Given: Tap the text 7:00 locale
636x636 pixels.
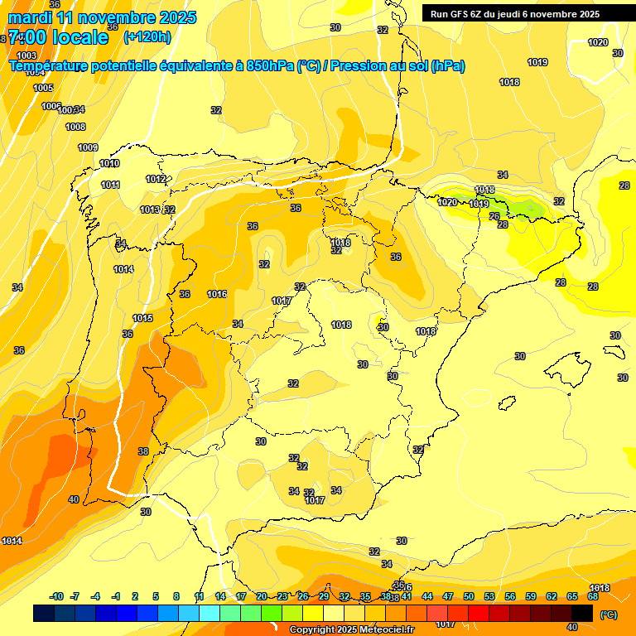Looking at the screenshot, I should (x=58, y=37).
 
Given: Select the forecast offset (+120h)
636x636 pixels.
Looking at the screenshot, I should (x=147, y=37).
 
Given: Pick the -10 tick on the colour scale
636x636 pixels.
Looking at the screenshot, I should (x=56, y=596).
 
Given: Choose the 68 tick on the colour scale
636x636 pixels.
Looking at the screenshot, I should (x=593, y=596).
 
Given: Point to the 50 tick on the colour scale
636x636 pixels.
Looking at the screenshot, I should (x=469, y=596).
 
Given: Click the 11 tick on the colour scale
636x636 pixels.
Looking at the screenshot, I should (x=200, y=596).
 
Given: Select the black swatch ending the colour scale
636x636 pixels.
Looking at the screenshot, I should (x=582, y=613).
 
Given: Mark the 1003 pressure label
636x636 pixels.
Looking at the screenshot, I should (x=26, y=55).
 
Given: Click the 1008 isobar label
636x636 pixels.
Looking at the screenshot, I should (x=75, y=127).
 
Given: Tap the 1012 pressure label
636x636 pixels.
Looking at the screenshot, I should (x=155, y=179).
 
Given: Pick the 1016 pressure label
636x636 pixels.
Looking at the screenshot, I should (x=217, y=294).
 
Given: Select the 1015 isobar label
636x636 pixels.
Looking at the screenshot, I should (x=142, y=318).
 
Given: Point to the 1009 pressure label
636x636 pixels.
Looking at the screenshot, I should (x=88, y=147).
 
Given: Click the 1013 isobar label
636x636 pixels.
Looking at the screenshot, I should (x=149, y=210).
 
